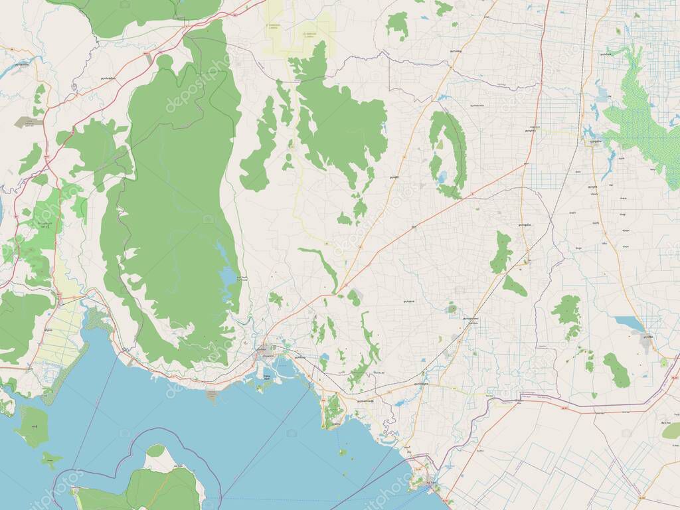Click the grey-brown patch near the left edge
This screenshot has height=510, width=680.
click(29, 123)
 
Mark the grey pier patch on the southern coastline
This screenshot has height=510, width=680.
click(212, 396)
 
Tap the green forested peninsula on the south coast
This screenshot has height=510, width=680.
click(334, 410)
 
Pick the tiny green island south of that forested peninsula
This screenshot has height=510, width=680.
click(343, 452)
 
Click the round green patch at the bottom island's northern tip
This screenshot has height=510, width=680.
click(155, 451)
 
